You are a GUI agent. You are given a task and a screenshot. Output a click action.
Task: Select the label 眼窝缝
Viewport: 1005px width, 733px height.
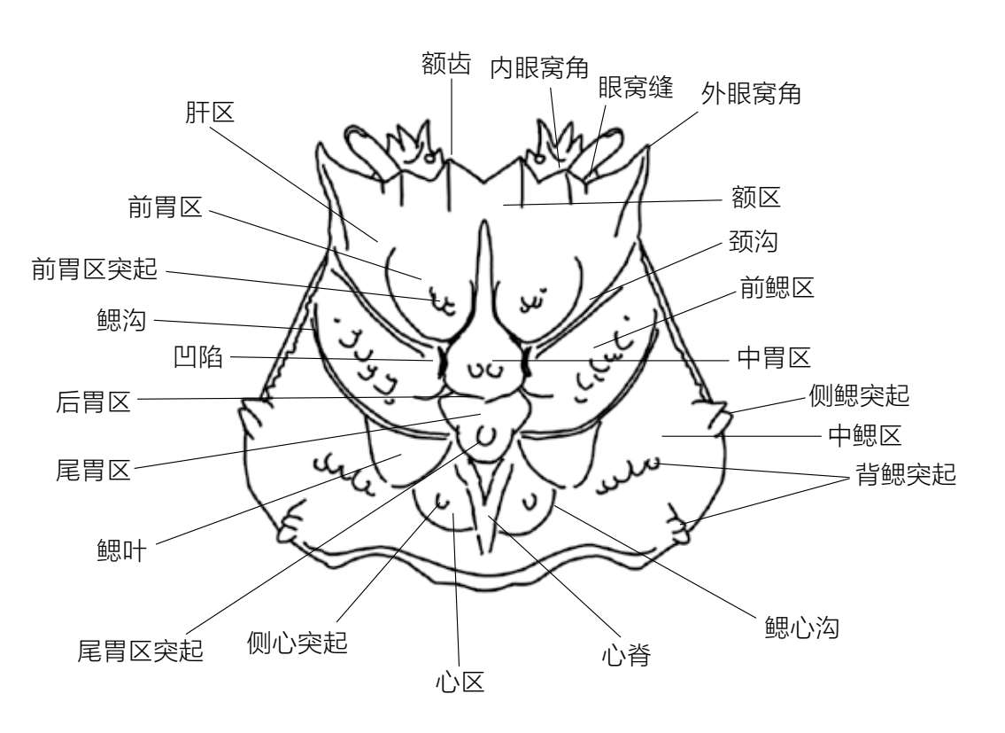(x=636, y=87)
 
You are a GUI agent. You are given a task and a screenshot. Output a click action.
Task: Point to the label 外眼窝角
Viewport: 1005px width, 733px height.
(x=751, y=94)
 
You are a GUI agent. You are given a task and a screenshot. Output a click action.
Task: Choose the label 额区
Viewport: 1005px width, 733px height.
(x=756, y=197)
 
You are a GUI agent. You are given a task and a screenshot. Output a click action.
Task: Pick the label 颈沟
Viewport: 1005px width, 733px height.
(x=753, y=241)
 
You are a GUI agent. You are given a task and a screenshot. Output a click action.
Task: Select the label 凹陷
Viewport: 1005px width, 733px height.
(x=200, y=359)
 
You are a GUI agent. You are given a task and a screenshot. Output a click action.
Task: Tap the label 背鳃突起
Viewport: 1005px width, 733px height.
(x=906, y=475)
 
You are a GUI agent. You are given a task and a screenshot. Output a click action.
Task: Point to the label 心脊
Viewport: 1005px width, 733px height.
(x=626, y=656)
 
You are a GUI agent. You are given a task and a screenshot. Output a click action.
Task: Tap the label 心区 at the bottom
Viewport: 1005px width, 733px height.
(x=460, y=682)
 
